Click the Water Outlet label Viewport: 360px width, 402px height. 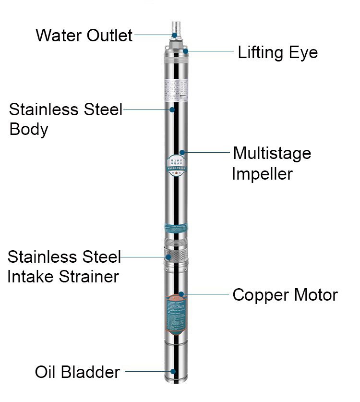tap(84, 35)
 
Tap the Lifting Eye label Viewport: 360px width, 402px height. tap(277, 52)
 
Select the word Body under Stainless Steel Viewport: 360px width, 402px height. tap(29, 129)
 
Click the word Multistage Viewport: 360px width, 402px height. tap(272, 154)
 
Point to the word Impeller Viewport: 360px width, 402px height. tap(262, 173)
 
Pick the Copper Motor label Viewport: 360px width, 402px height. tap(285, 295)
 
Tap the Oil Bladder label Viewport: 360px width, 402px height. tap(77, 372)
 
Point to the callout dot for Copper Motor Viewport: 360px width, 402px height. tap(180, 294)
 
